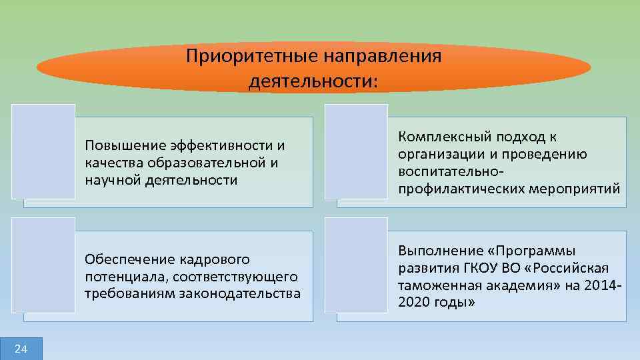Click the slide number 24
(x=21, y=349)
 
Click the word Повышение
(x=123, y=145)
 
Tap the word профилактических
(x=459, y=189)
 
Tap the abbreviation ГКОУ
(x=475, y=268)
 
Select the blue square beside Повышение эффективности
(x=43, y=151)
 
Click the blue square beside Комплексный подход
(x=355, y=151)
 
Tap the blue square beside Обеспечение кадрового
(x=43, y=265)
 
